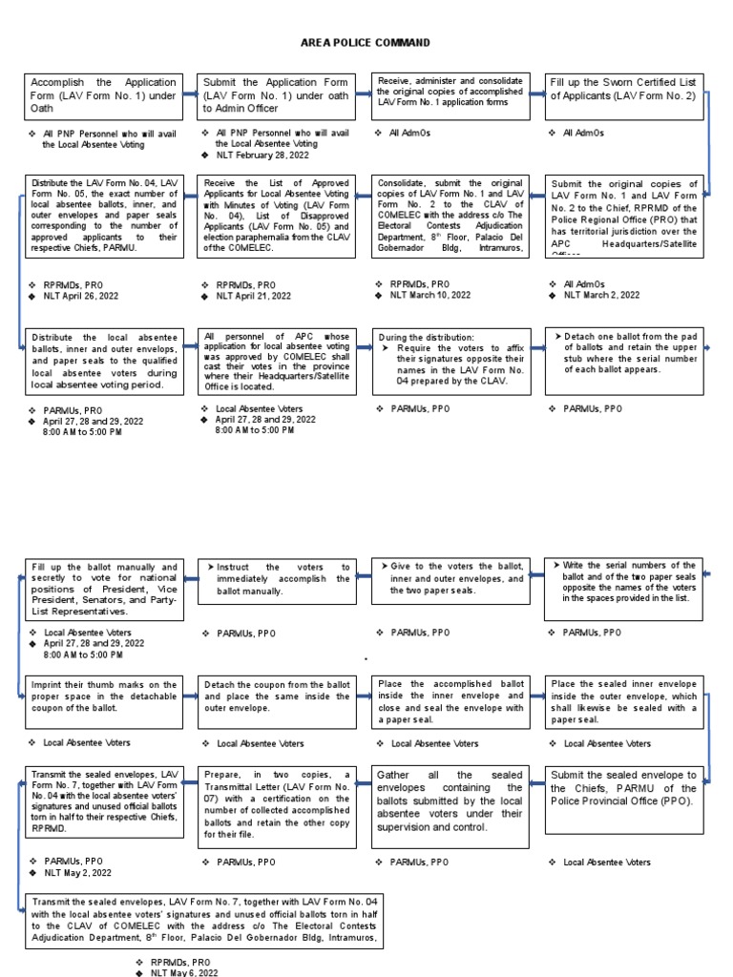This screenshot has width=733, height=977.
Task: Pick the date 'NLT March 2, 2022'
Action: tap(601, 296)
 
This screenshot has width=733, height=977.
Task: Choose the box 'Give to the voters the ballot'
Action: tap(450, 578)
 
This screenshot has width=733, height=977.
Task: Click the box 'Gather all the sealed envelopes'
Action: tap(450, 800)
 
